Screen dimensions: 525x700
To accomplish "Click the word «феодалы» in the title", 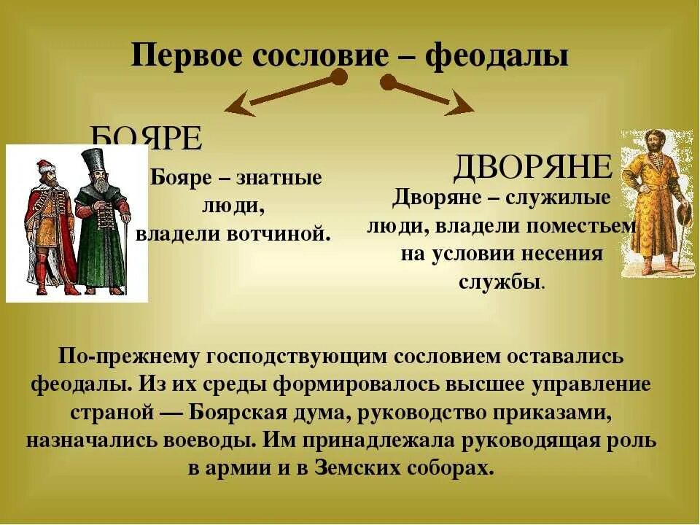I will point(497,56).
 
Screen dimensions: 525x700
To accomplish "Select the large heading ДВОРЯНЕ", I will point(532,168).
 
